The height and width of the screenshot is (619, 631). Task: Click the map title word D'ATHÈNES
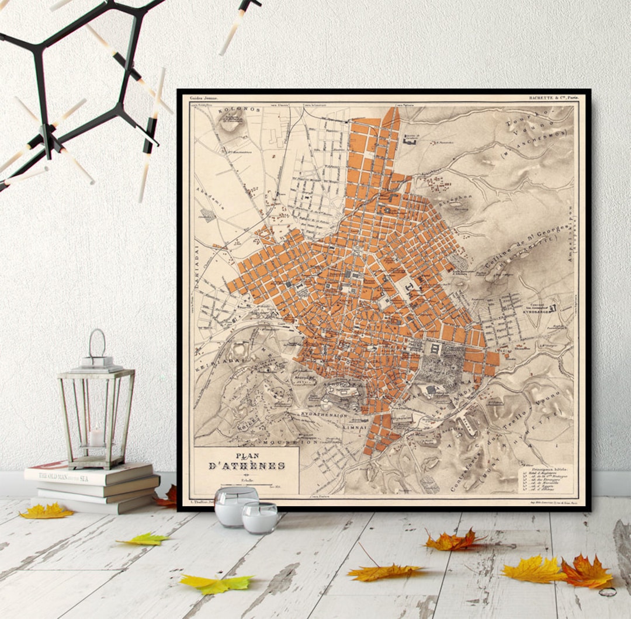tap(247, 466)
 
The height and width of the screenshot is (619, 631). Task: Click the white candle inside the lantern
tap(96, 436)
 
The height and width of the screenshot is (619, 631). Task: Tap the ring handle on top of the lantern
tap(97, 342)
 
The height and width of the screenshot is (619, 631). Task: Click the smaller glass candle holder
tap(260, 517)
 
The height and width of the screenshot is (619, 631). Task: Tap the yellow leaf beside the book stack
tap(47, 512)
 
